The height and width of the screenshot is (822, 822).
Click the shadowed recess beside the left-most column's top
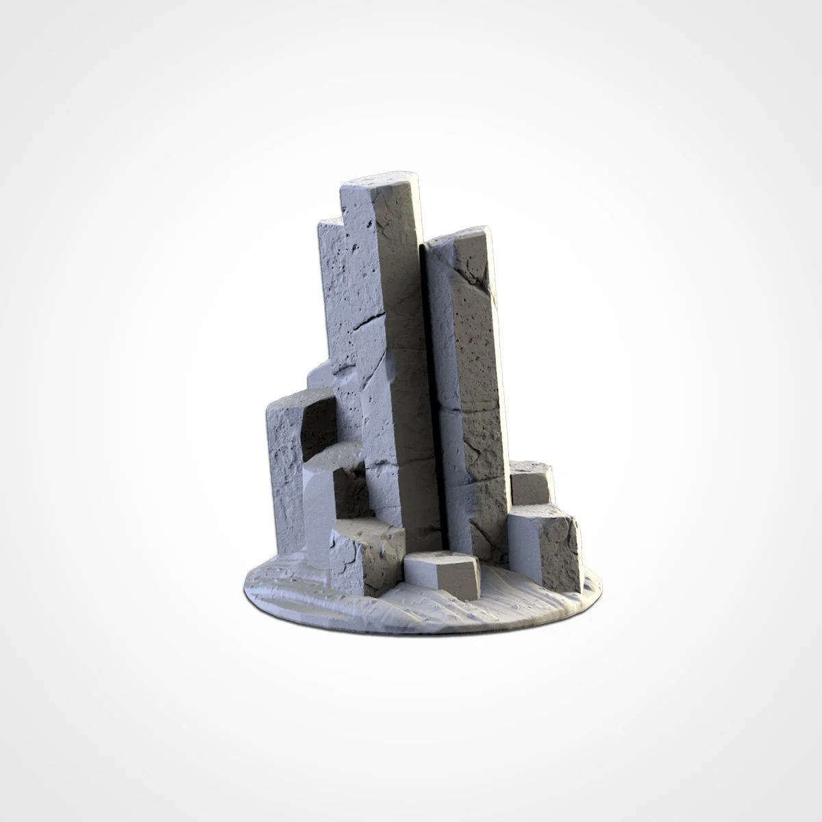[x=319, y=421]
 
